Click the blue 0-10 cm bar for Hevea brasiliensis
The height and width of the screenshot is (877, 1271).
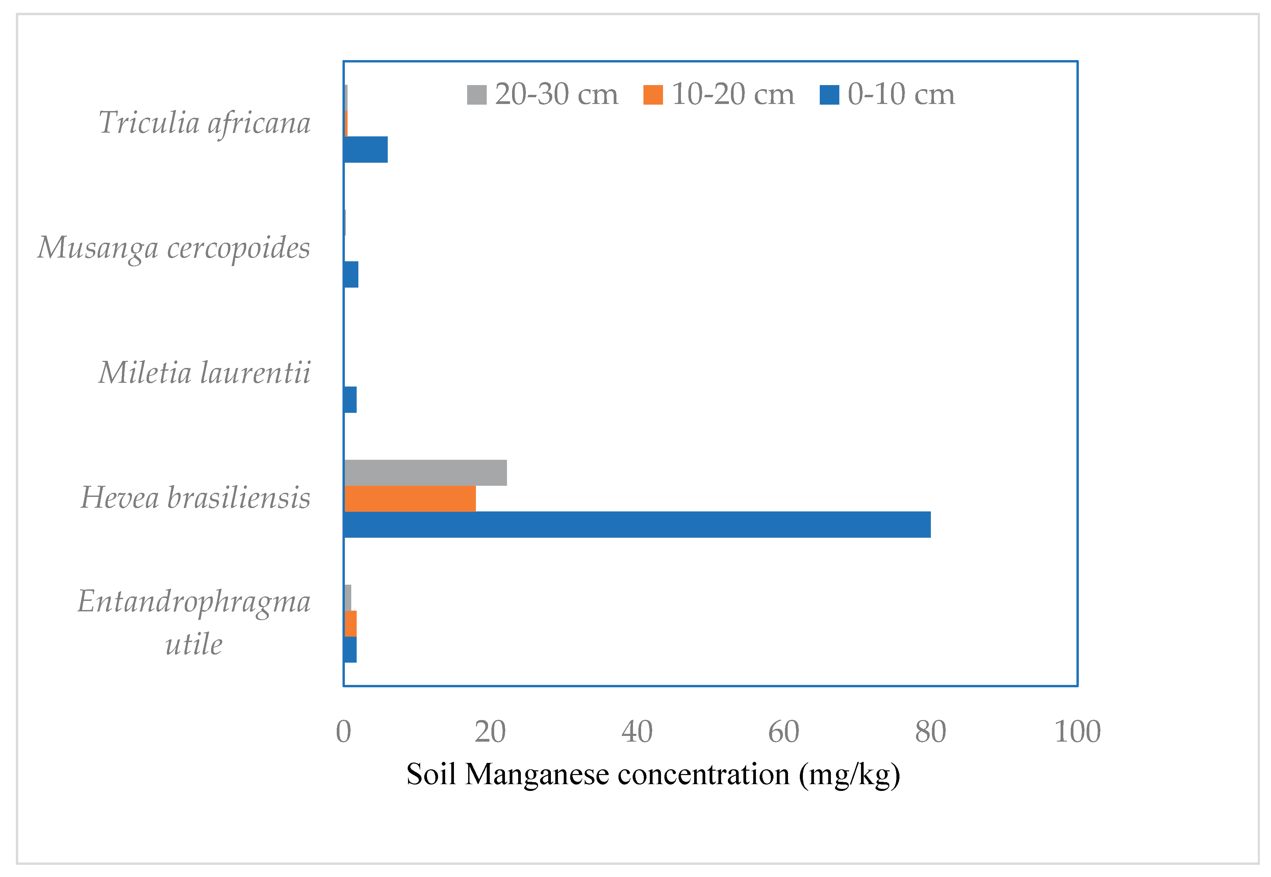click(637, 524)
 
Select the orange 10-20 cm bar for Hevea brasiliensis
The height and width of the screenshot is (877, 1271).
click(410, 498)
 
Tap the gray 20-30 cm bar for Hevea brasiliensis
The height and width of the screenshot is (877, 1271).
click(425, 473)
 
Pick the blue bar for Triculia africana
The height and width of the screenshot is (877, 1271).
click(365, 150)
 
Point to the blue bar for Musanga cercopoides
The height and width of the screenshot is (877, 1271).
click(351, 274)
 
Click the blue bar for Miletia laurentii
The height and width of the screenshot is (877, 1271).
click(350, 399)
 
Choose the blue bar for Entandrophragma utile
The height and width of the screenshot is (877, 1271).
click(350, 649)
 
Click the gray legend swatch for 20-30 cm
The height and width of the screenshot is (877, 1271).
click(477, 95)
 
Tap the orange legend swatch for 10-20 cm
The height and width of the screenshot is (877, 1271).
click(653, 95)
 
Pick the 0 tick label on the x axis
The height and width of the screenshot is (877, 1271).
click(344, 732)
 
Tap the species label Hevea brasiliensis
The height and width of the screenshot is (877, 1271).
click(196, 498)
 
